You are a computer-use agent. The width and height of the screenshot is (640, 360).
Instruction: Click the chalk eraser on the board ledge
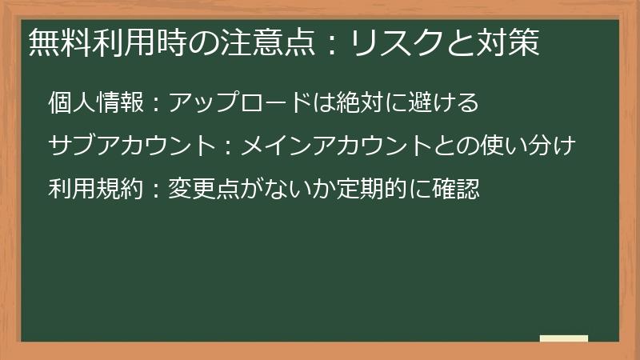pos(563,339)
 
